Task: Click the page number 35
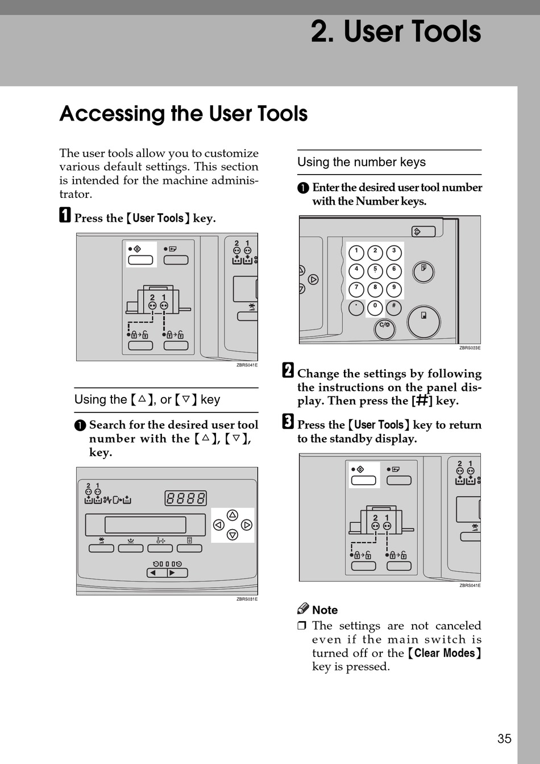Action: pyautogui.click(x=504, y=738)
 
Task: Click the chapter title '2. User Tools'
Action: pyautogui.click(x=396, y=32)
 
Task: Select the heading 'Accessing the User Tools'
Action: pyautogui.click(x=183, y=114)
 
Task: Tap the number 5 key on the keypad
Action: pyautogui.click(x=375, y=270)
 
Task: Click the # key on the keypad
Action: pyautogui.click(x=393, y=307)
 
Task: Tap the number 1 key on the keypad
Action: pyautogui.click(x=356, y=252)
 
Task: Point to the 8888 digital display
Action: pyautogui.click(x=185, y=498)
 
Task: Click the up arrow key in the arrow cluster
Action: pyautogui.click(x=232, y=515)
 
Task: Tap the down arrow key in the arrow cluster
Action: pyautogui.click(x=232, y=535)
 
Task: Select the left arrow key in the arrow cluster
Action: pyautogui.click(x=218, y=525)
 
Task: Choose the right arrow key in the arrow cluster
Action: pyautogui.click(x=246, y=525)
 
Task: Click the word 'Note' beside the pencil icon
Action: pyautogui.click(x=325, y=610)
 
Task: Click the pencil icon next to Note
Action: pyautogui.click(x=303, y=609)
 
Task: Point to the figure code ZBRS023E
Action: pyautogui.click(x=470, y=348)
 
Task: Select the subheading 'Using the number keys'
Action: pyautogui.click(x=362, y=162)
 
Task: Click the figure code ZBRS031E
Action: pyautogui.click(x=247, y=599)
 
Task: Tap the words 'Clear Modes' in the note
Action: pyautogui.click(x=445, y=653)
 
